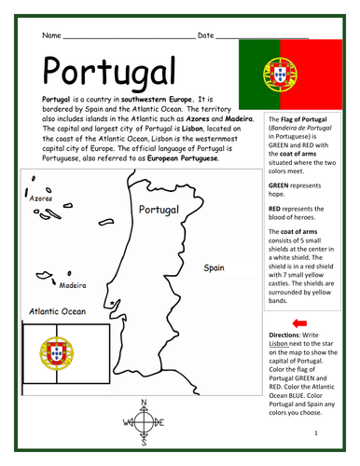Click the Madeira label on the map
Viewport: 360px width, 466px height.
(x=73, y=285)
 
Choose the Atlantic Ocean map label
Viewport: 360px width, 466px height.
(x=58, y=312)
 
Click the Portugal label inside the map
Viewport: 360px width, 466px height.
(x=158, y=210)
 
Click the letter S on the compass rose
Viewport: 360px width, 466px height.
(x=143, y=437)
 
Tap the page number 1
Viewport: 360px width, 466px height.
(x=316, y=434)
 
